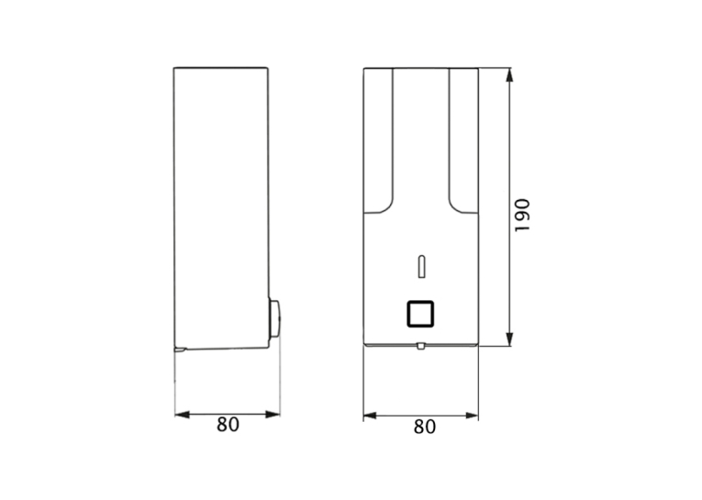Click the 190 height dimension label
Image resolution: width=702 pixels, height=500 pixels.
pyautogui.click(x=522, y=216)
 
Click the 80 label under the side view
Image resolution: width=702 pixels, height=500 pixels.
pyautogui.click(x=228, y=425)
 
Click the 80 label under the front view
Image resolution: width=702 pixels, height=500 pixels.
pyautogui.click(x=425, y=427)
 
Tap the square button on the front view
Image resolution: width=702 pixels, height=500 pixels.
pyautogui.click(x=420, y=314)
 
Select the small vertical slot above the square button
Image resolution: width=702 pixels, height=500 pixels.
pyautogui.click(x=421, y=267)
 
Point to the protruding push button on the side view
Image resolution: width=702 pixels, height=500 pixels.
pyautogui.click(x=274, y=319)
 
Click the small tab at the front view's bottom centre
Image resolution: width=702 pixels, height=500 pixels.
pyautogui.click(x=420, y=346)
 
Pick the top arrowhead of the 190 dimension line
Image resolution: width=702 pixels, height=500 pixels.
pyautogui.click(x=509, y=75)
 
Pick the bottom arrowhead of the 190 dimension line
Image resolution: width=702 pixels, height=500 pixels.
pyautogui.click(x=509, y=339)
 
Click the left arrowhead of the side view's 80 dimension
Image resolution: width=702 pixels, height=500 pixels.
pyautogui.click(x=183, y=415)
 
